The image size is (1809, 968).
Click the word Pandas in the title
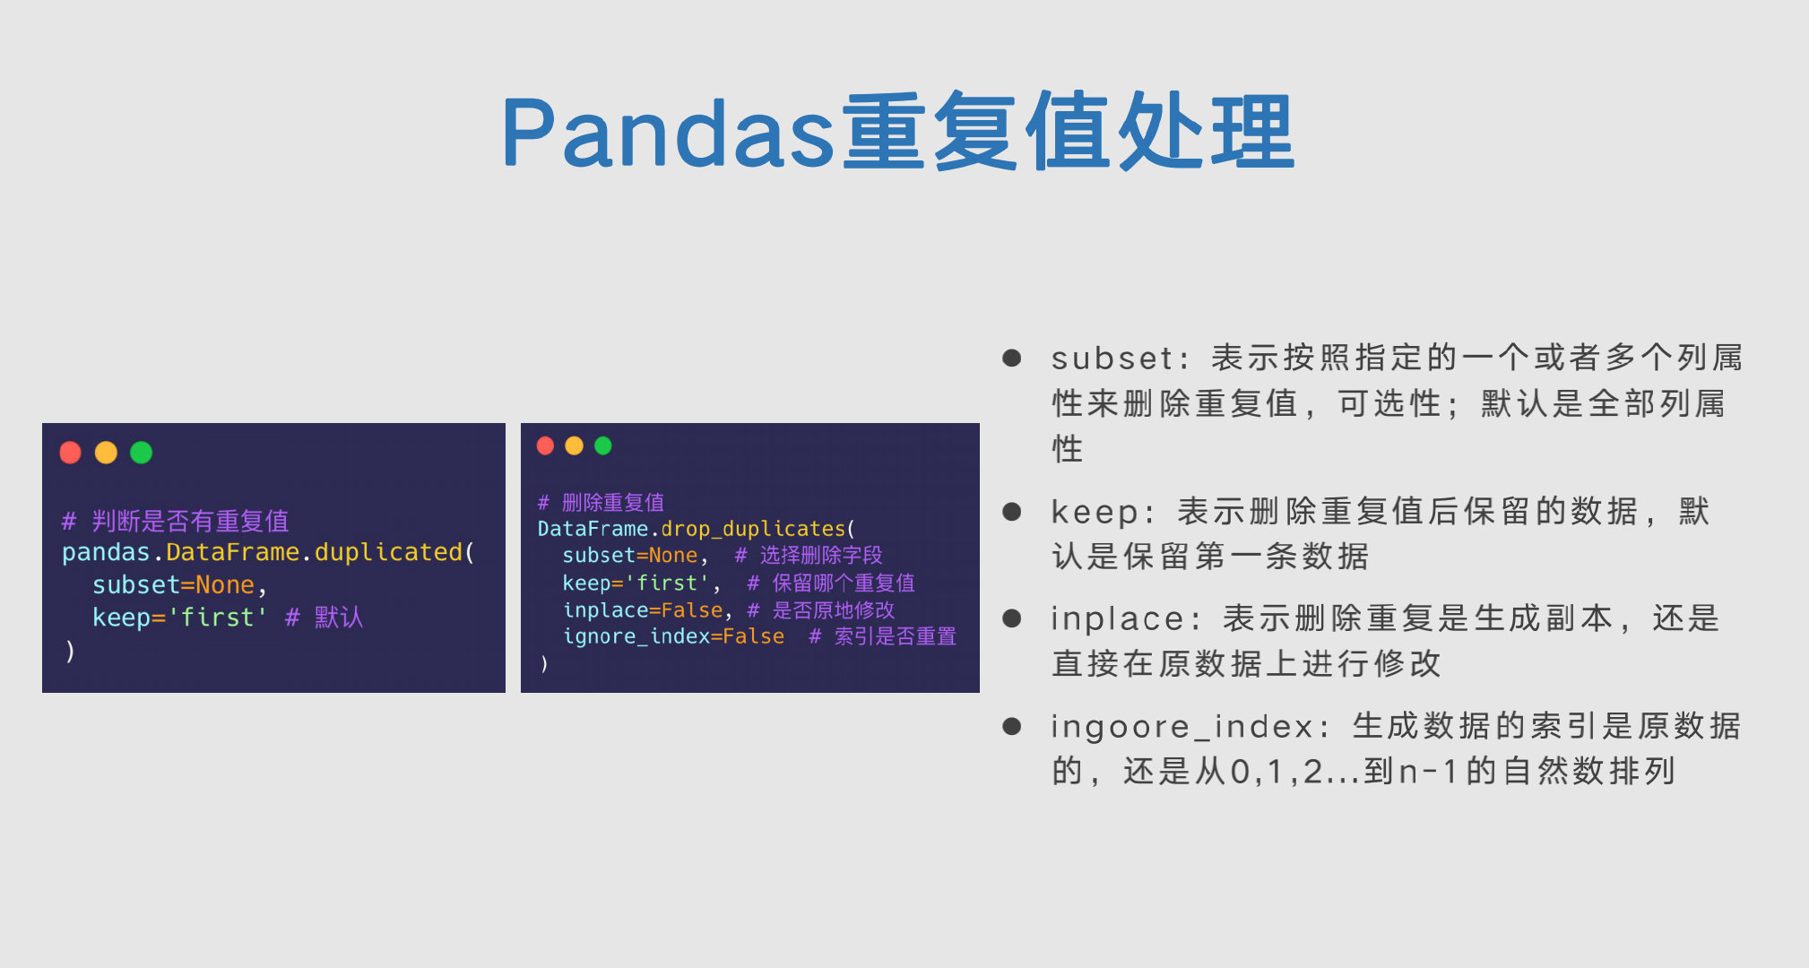[x=668, y=133]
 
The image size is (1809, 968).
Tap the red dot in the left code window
[x=71, y=453]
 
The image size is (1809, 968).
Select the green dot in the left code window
[x=142, y=453]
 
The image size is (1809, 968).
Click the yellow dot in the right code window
[x=575, y=445]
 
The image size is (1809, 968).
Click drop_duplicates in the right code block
[x=753, y=529]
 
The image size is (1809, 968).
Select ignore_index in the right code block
[x=636, y=636]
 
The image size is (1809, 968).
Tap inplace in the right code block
[x=605, y=610]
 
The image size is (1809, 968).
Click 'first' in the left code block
[x=218, y=618]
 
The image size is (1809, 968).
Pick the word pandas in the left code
[x=106, y=552]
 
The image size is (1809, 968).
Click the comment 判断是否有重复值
[x=190, y=521]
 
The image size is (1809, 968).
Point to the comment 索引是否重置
[x=895, y=636]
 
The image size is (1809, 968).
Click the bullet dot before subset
[x=1012, y=359]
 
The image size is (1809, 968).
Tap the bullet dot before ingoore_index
[x=1012, y=726]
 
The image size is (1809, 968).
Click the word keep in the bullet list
[x=1095, y=512]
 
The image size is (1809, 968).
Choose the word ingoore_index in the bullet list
[x=1181, y=726]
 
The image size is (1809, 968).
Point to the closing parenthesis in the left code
[x=70, y=651]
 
